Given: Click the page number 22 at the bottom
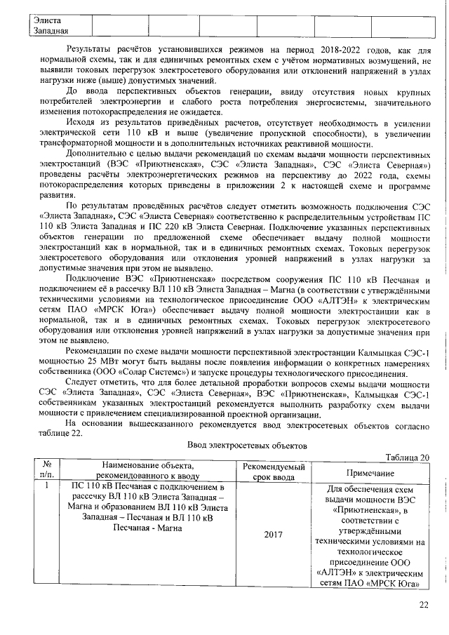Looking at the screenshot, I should pyautogui.click(x=423, y=606).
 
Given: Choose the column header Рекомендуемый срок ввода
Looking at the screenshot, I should pyautogui.click(x=273, y=472).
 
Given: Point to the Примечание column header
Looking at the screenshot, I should pyautogui.click(x=372, y=473).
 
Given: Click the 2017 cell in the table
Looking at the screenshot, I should pyautogui.click(x=273, y=535).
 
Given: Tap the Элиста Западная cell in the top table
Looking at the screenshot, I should pyautogui.click(x=51, y=25).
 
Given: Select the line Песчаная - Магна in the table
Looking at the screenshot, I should pyautogui.click(x=147, y=528).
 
